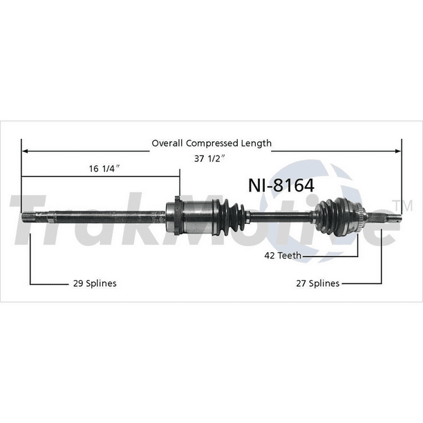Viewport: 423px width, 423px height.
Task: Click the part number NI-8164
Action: [281, 185]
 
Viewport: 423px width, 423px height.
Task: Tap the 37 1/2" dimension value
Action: [211, 158]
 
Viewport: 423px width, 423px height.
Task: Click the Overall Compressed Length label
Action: [211, 144]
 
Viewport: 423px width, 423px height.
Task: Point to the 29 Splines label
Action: [94, 283]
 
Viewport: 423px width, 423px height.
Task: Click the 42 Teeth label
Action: [283, 256]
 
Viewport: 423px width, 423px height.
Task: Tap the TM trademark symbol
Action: [399, 205]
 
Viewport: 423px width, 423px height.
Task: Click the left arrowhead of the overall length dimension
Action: [25, 149]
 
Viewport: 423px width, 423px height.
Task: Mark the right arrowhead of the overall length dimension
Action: [398, 149]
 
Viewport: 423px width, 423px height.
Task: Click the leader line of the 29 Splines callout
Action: [30, 263]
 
